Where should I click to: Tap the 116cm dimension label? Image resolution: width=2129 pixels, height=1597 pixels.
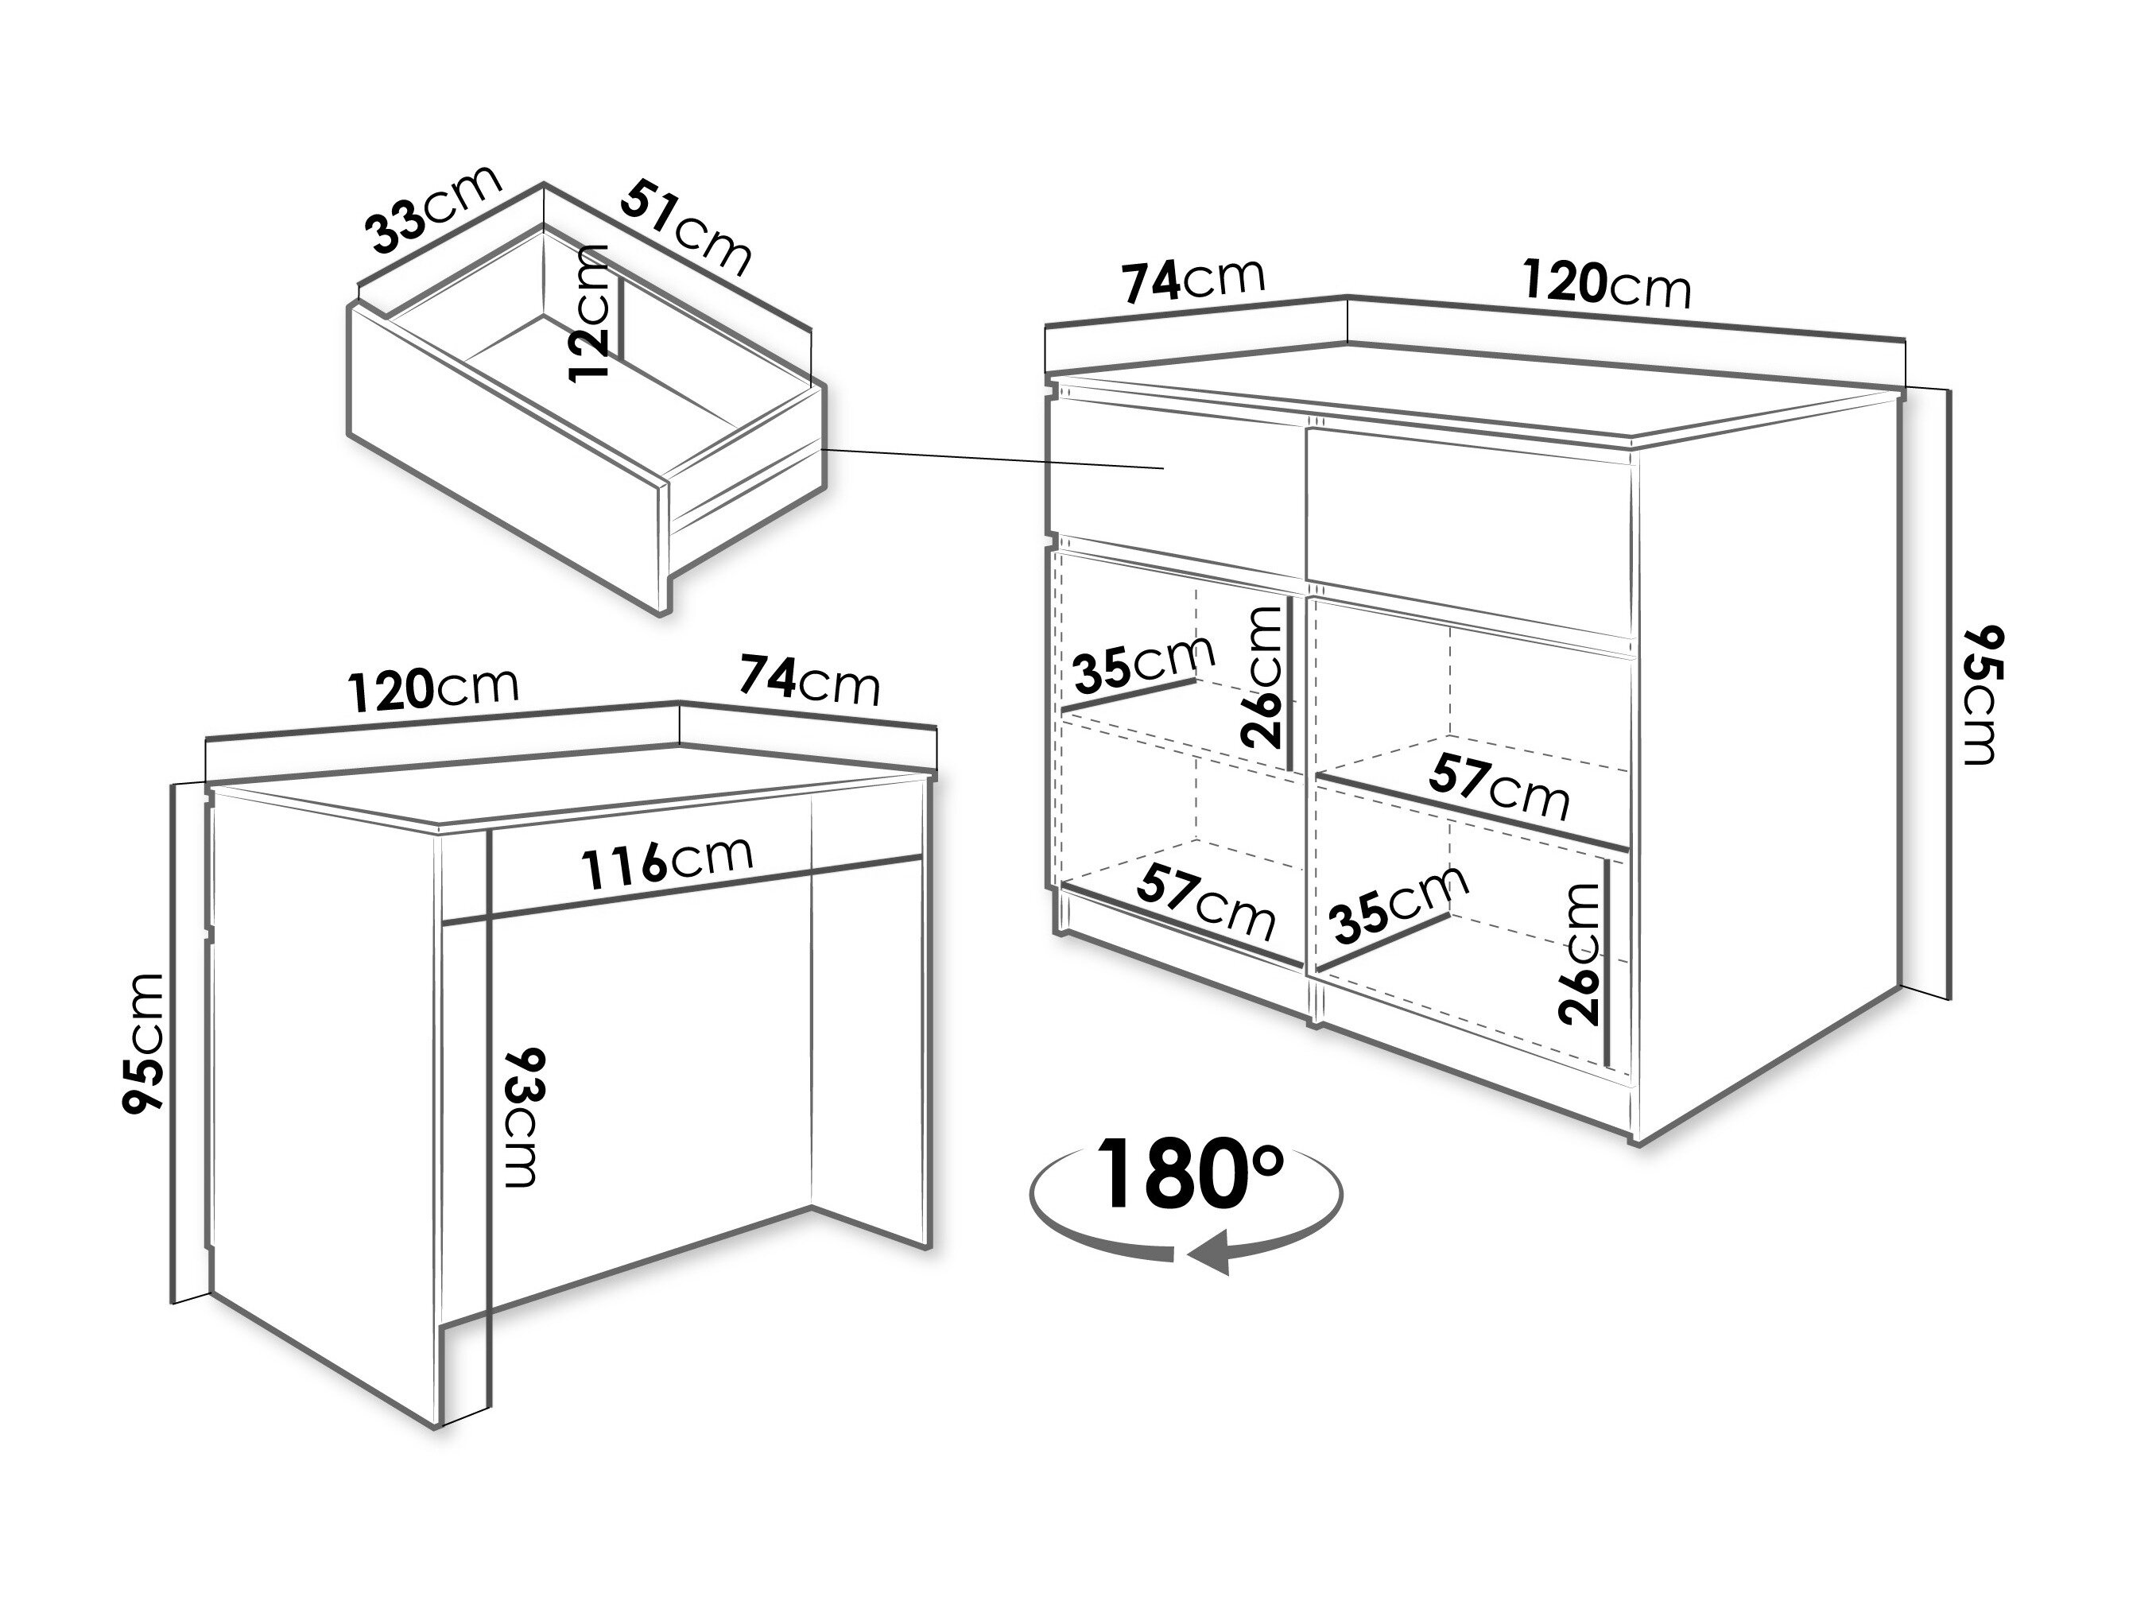click(666, 859)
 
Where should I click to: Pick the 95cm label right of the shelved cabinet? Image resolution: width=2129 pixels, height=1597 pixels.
click(1979, 694)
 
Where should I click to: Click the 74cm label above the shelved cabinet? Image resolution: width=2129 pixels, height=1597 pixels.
click(1192, 279)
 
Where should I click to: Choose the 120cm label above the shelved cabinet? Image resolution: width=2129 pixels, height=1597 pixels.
click(1605, 285)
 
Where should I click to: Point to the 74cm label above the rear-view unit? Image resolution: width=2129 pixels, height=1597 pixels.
click(809, 679)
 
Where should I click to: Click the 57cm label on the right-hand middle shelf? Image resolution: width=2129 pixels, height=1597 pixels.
click(1499, 785)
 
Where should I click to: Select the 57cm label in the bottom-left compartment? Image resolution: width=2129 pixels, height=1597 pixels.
click(1206, 903)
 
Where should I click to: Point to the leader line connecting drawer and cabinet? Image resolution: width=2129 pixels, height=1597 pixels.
click(993, 458)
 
